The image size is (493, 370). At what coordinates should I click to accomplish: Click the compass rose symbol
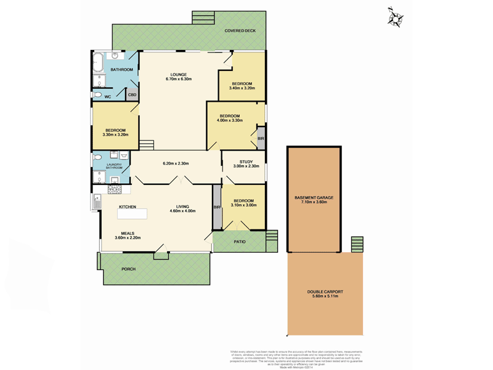394,17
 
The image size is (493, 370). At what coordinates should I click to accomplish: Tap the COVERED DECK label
240,30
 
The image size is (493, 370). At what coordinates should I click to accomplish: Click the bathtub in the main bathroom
97,64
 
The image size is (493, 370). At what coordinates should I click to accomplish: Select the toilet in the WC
97,96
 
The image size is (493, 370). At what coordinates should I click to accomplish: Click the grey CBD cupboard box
132,94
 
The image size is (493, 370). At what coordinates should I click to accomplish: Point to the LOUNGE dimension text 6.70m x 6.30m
179,79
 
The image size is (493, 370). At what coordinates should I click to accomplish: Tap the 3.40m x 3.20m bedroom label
242,88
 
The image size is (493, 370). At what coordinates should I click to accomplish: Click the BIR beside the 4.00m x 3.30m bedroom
261,139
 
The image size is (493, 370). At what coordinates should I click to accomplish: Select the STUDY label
237,162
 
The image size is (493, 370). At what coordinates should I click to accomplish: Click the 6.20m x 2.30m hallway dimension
176,163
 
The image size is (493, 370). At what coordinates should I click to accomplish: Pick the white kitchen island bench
132,213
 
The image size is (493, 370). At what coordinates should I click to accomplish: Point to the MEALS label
128,233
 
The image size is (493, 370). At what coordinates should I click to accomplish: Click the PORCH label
128,269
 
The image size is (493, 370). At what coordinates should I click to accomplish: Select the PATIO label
240,242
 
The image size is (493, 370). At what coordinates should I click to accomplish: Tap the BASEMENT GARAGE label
314,198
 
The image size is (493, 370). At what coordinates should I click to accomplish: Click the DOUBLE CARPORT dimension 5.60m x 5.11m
325,297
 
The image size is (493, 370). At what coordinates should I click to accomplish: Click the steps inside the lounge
146,145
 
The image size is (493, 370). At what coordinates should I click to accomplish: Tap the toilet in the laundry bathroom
97,158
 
